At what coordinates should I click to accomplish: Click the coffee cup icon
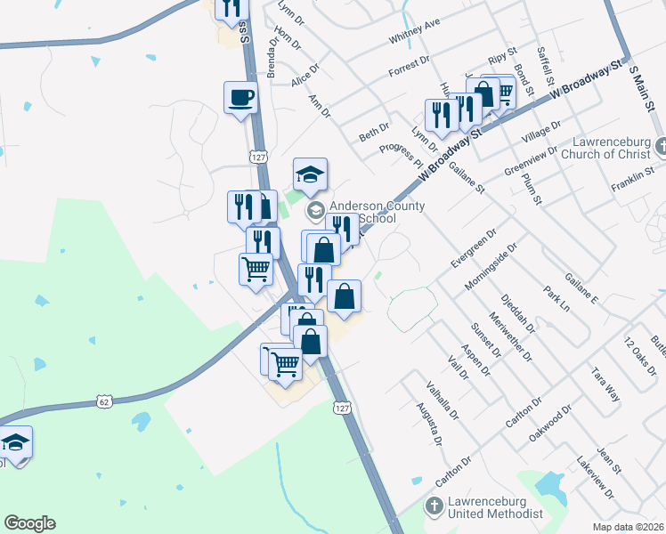[241, 96]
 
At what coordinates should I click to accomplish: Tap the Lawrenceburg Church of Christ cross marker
[659, 145]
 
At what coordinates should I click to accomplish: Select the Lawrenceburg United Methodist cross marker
[433, 507]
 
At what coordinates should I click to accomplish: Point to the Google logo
[29, 523]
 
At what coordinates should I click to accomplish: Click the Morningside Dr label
[491, 267]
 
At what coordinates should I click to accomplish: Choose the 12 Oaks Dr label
[639, 355]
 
